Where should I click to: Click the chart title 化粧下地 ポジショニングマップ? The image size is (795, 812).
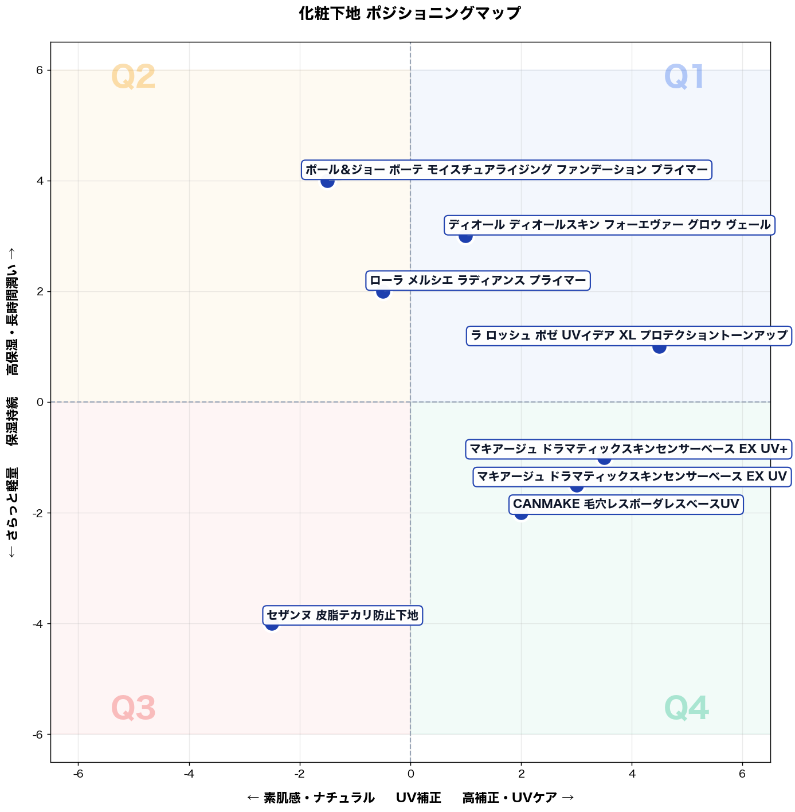(x=409, y=13)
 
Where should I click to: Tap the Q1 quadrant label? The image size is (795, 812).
(x=683, y=77)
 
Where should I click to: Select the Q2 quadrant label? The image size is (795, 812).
(x=133, y=77)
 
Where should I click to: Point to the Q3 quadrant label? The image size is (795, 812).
(x=133, y=708)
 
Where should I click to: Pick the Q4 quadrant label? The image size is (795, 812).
(x=686, y=708)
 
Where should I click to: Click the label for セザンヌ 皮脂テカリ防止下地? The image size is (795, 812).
(x=342, y=615)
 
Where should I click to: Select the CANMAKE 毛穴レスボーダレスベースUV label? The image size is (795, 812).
(x=626, y=504)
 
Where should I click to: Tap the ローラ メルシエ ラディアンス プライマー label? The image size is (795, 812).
(x=478, y=280)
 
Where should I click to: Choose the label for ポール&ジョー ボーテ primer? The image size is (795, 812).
(x=507, y=170)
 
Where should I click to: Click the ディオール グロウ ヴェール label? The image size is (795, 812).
(x=609, y=225)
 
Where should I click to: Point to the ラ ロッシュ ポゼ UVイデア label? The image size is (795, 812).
(x=629, y=336)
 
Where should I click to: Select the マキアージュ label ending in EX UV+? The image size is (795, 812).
(x=628, y=449)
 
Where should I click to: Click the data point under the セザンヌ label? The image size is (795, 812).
(x=272, y=624)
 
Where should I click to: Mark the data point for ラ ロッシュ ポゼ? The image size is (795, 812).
(x=659, y=347)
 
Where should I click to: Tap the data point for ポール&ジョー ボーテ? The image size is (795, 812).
(x=327, y=181)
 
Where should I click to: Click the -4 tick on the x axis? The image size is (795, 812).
(x=189, y=774)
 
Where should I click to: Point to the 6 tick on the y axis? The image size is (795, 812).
(x=40, y=70)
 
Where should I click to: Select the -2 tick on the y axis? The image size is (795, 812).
(x=38, y=513)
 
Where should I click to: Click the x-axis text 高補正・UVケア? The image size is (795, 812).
(x=510, y=798)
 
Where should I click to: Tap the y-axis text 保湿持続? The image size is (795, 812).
(x=12, y=421)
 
